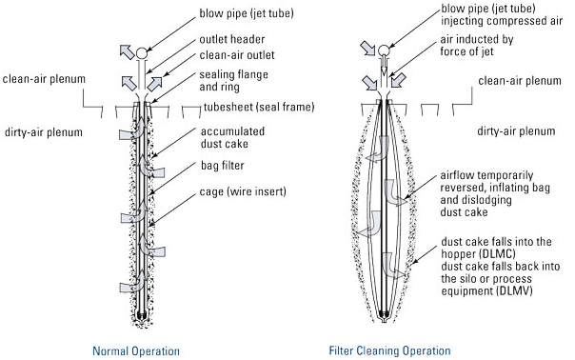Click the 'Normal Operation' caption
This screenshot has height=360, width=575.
pyautogui.click(x=136, y=350)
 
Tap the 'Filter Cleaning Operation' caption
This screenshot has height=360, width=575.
pyautogui.click(x=389, y=350)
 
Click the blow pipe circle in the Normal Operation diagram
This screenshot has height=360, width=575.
pyautogui.click(x=142, y=53)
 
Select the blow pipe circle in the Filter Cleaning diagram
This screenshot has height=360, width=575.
pyautogui.click(x=384, y=50)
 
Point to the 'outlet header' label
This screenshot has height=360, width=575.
pyautogui.click(x=231, y=39)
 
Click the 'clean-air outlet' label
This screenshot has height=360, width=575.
pyautogui.click(x=237, y=55)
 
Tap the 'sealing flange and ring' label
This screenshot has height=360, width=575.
pyautogui.click(x=233, y=81)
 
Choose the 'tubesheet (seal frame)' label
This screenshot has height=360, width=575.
pyautogui.click(x=259, y=108)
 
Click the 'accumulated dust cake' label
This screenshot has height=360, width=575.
pyautogui.click(x=232, y=137)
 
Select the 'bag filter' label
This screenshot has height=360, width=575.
pyautogui.click(x=222, y=166)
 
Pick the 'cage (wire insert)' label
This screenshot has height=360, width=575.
pyautogui.click(x=243, y=191)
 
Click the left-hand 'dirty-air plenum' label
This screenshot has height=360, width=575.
pyautogui.click(x=44, y=132)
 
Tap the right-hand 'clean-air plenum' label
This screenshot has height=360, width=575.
pyautogui.click(x=520, y=81)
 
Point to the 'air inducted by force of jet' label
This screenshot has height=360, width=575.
pyautogui.click(x=477, y=46)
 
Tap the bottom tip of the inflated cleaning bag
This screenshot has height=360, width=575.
pyautogui.click(x=384, y=322)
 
